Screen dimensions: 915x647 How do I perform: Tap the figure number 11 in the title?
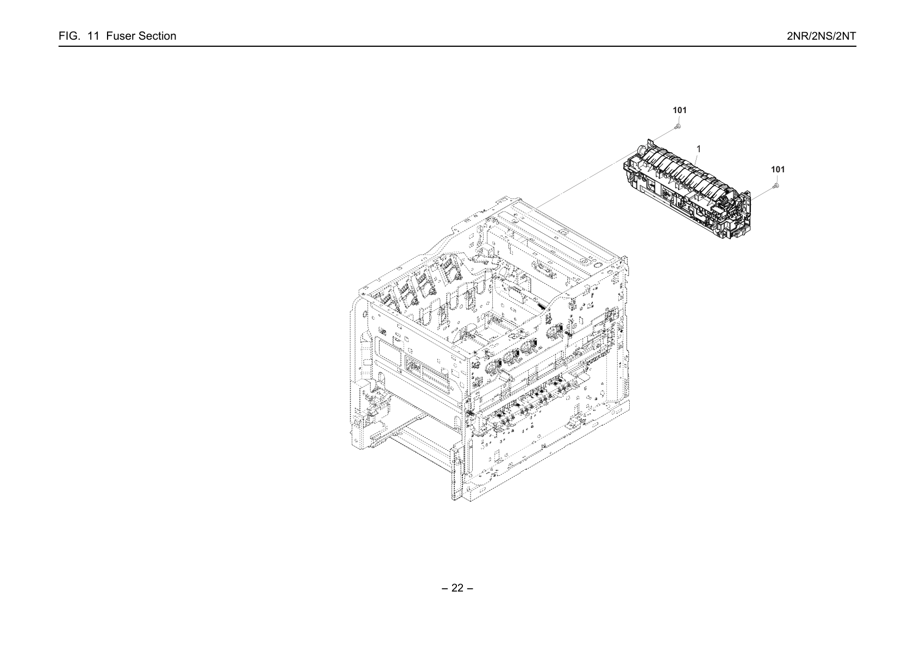point(93,36)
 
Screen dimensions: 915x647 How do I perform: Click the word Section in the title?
point(157,36)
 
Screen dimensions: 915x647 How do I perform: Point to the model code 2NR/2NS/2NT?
point(821,36)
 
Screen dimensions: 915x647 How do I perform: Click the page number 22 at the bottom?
point(457,588)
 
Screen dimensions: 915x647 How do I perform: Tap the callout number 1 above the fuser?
point(699,149)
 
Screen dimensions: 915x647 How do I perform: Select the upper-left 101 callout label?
point(680,110)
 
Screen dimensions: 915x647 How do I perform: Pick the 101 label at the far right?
point(778,169)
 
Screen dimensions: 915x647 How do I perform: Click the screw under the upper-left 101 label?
point(679,126)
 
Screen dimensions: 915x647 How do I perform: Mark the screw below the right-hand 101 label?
point(776,186)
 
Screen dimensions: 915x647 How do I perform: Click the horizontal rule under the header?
point(457,46)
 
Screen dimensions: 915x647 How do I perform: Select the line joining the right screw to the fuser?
point(762,194)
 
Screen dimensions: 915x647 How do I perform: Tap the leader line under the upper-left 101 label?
point(679,119)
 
